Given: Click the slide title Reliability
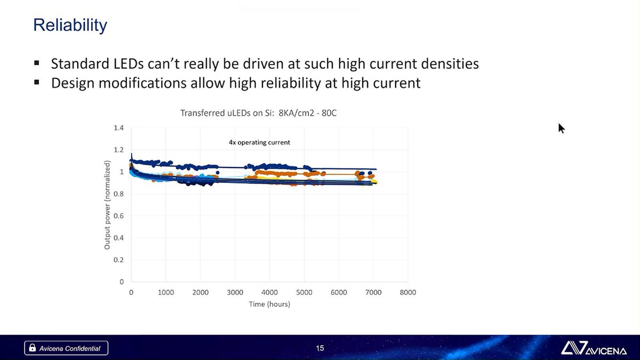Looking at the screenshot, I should click(x=70, y=25).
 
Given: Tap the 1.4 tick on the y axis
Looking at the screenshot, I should click(x=118, y=128).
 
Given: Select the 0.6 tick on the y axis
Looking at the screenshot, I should click(x=118, y=216).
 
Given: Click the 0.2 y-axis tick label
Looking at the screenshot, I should click(x=118, y=260).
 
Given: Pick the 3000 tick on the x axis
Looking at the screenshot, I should click(x=235, y=292).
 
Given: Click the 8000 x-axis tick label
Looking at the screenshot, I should click(x=408, y=292).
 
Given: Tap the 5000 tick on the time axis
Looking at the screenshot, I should click(x=304, y=292).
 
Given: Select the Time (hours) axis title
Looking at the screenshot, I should click(x=269, y=304).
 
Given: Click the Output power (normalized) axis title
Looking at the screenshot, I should click(x=107, y=205).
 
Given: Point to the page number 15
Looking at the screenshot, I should click(x=320, y=348).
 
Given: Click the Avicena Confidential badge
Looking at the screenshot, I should click(x=66, y=348).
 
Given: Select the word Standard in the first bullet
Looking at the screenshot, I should click(x=79, y=64).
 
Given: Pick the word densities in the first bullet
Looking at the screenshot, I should click(x=450, y=64).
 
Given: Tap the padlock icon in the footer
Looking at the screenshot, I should click(x=33, y=348).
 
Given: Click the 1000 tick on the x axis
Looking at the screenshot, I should click(x=166, y=292).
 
